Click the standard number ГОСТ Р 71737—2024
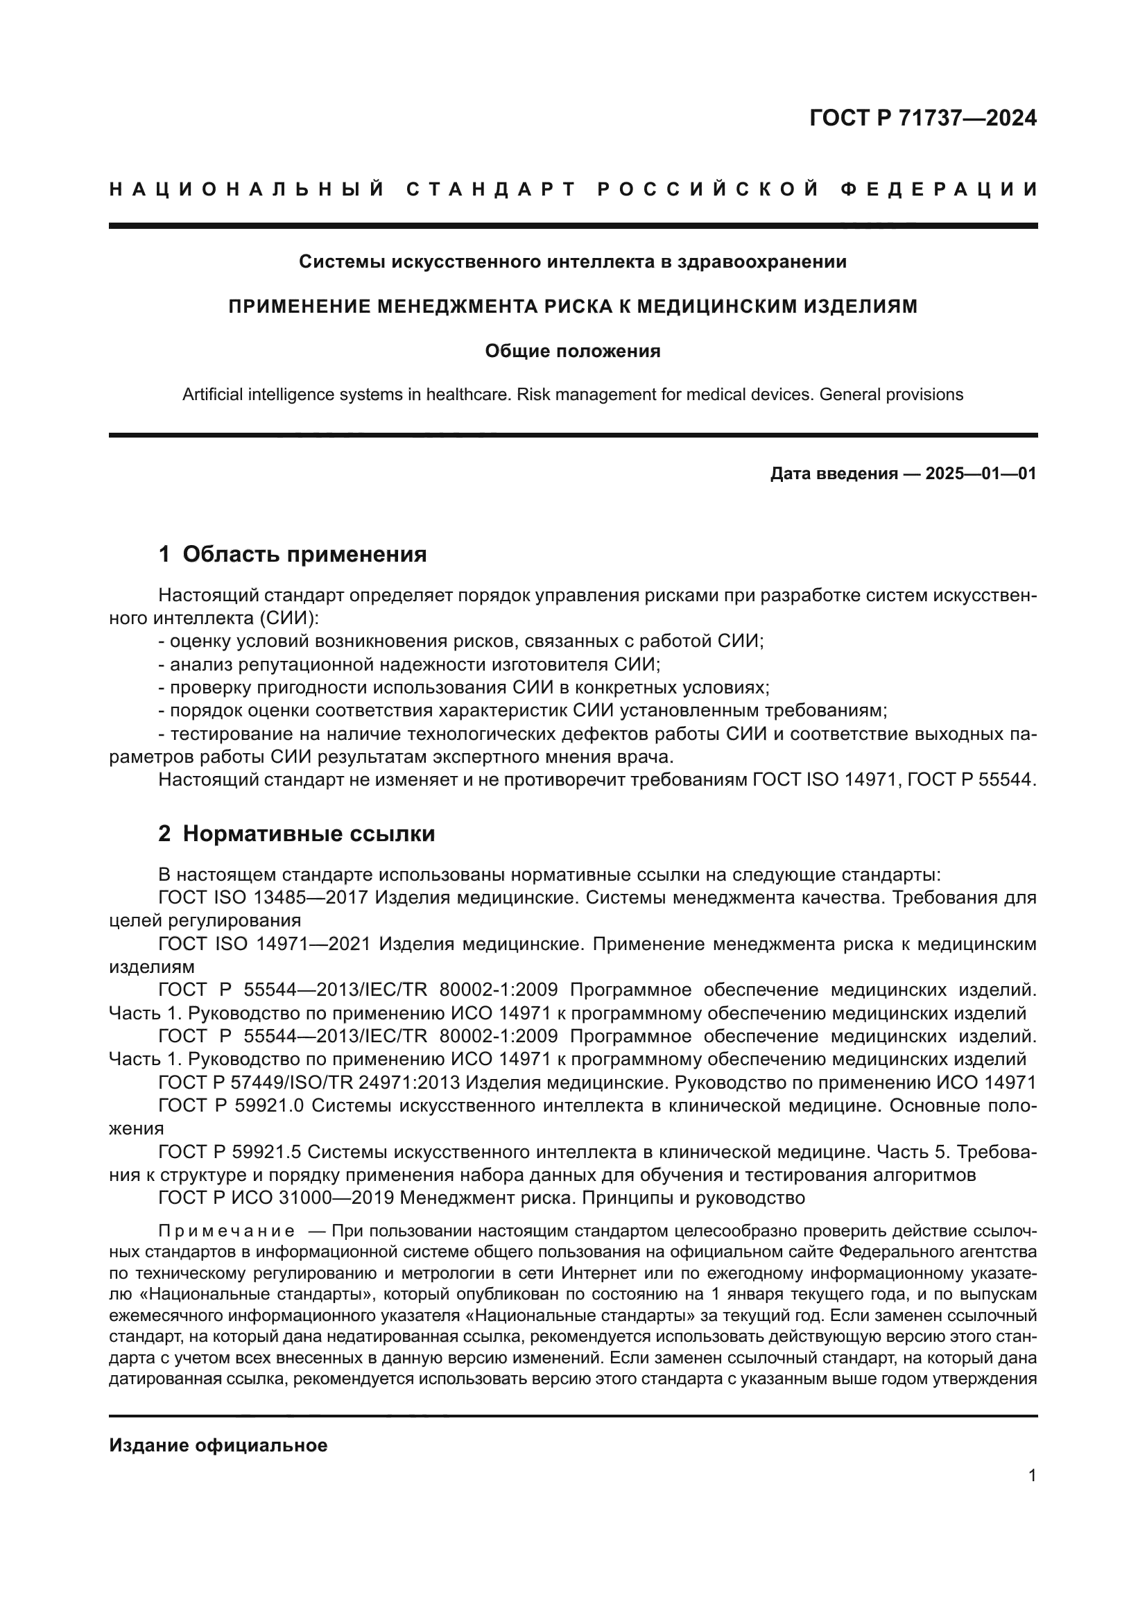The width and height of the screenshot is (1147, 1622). pyautogui.click(x=922, y=118)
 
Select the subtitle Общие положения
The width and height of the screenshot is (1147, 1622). pyautogui.click(x=572, y=351)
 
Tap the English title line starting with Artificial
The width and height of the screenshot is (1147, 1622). pyautogui.click(x=572, y=394)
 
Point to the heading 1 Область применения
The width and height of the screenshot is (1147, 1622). pyautogui.click(x=293, y=555)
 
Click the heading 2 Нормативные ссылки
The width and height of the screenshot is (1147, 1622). pyautogui.click(x=297, y=834)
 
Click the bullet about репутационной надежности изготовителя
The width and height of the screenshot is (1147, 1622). pyautogui.click(x=410, y=664)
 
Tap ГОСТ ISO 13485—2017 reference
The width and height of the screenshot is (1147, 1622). pyautogui.click(x=263, y=898)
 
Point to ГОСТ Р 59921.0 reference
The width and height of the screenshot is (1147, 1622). pyautogui.click(x=231, y=1105)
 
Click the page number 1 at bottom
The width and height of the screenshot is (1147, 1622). pyautogui.click(x=1032, y=1476)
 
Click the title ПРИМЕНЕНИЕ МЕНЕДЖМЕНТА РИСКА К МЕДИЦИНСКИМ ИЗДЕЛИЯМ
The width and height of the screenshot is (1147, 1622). pyautogui.click(x=572, y=307)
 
